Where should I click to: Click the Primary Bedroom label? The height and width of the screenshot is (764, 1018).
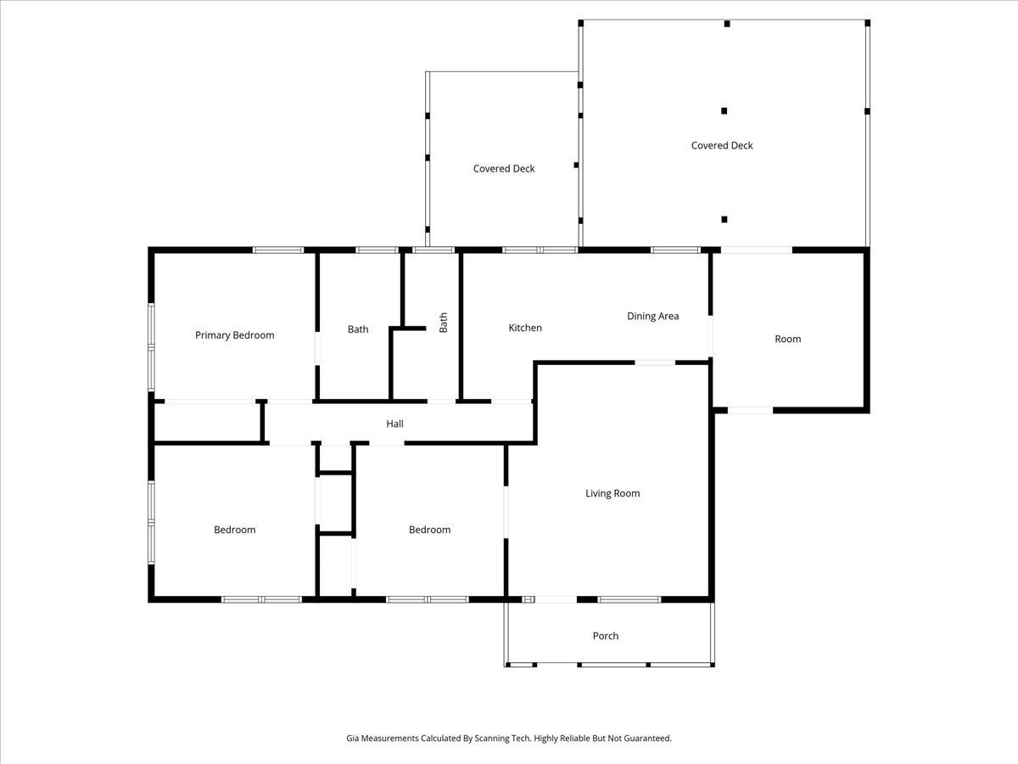235,335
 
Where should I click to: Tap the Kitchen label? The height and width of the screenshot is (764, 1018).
525,328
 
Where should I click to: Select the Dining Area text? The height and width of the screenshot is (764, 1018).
652,317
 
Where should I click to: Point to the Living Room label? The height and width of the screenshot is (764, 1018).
612,493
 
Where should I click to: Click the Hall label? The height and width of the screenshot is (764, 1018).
394,424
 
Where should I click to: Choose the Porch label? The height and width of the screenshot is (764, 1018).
606,636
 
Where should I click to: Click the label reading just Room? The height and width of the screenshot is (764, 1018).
787,339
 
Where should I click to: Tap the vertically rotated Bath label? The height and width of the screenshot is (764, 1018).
443,323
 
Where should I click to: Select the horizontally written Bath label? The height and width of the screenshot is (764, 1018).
358,329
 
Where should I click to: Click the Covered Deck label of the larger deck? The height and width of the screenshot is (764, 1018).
722,145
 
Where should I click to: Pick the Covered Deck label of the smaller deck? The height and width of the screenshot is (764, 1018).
504,169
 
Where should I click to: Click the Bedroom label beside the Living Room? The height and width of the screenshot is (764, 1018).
429,530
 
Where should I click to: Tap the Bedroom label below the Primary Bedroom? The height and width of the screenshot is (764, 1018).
234,530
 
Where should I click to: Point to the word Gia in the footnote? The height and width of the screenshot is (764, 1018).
353,739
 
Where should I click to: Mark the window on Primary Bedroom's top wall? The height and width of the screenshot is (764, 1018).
278,250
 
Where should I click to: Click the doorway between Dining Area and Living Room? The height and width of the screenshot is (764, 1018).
655,362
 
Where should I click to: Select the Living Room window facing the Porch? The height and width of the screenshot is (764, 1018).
629,600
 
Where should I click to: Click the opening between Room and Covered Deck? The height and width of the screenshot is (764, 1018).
756,250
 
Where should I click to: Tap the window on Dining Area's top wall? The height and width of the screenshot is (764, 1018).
675,250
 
